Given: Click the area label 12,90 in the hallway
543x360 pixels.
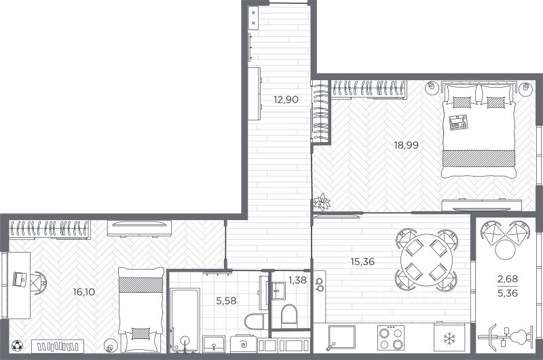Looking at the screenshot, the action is click(x=286, y=100).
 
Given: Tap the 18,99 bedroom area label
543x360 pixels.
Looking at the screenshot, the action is click(x=406, y=145).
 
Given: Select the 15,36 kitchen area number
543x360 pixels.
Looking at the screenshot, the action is click(x=362, y=262).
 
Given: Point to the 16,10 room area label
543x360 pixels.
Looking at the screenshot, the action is click(x=83, y=292).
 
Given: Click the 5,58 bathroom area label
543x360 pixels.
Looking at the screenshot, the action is click(x=226, y=301).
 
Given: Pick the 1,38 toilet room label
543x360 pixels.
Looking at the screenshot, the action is click(x=297, y=280).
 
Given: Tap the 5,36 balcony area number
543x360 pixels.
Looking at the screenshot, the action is click(x=508, y=293).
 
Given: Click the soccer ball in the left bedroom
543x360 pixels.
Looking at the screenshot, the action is click(x=17, y=346).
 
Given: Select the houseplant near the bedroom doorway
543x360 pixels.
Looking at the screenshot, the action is click(x=322, y=202).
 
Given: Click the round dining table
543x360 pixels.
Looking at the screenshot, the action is click(x=426, y=260).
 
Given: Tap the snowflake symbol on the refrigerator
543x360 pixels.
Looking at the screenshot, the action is click(x=449, y=338).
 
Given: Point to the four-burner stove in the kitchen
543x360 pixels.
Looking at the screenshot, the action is click(x=391, y=338).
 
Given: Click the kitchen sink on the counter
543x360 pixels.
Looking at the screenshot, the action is click(x=341, y=338).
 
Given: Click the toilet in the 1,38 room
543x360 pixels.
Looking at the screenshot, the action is click(x=289, y=316).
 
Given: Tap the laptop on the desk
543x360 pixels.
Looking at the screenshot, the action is click(x=20, y=279).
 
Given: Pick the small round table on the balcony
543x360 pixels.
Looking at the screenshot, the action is click(x=506, y=249).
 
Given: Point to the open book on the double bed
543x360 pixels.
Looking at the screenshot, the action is click(x=458, y=122).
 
